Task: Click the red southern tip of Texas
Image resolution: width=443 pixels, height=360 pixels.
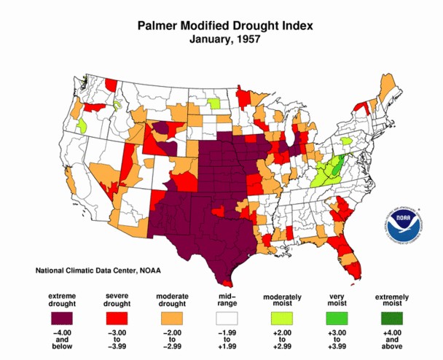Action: pyautogui.click(x=227, y=283)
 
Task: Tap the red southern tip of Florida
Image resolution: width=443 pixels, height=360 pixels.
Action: pyautogui.click(x=355, y=271)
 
